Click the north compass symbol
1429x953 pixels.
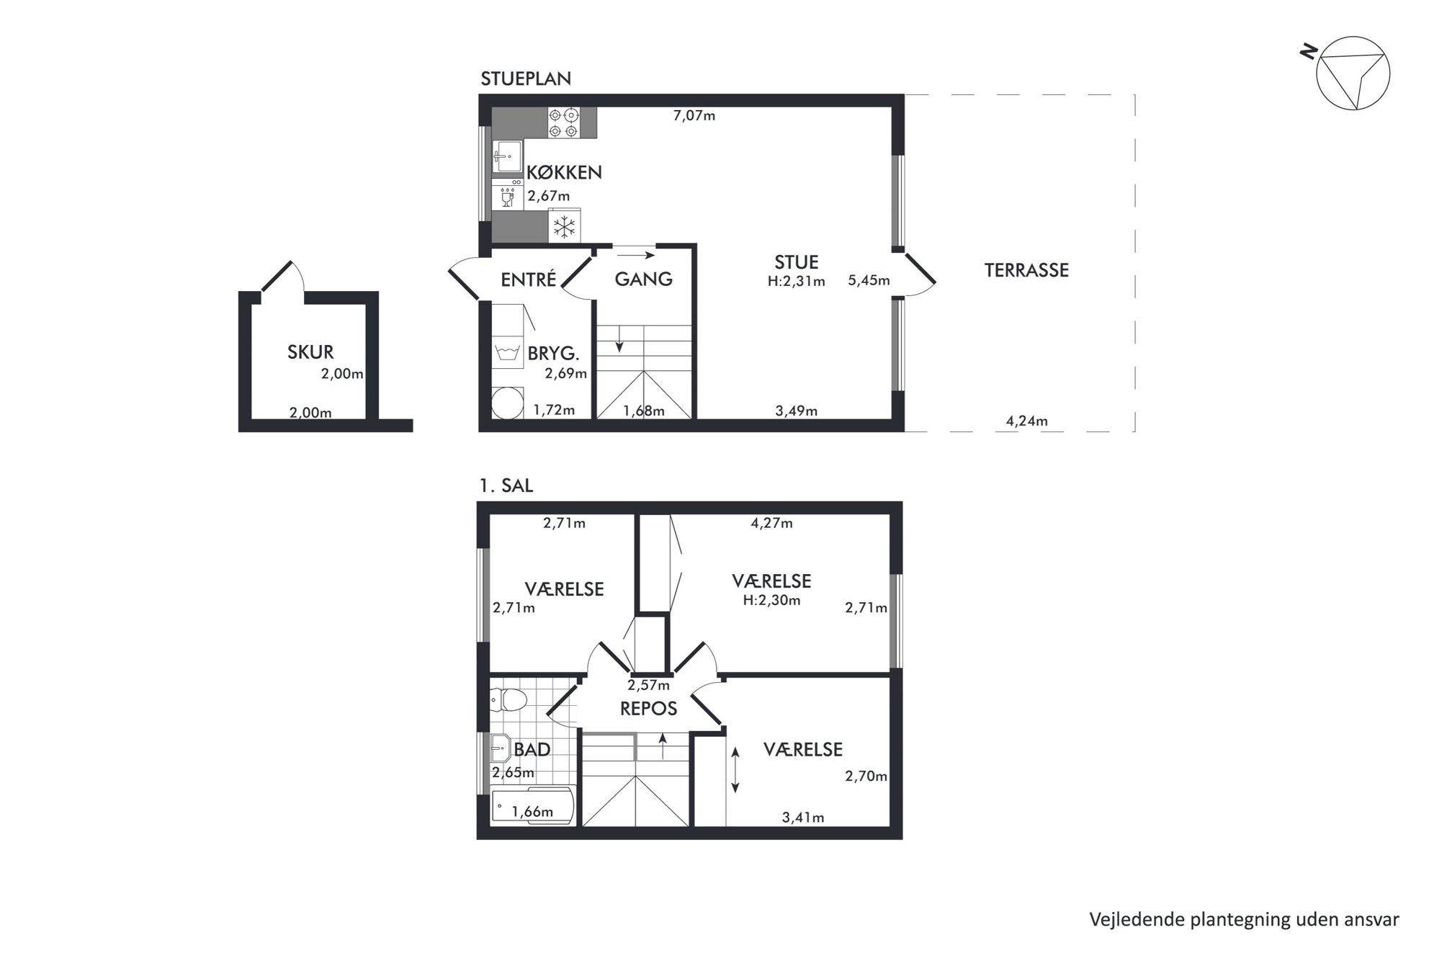click(x=1352, y=73)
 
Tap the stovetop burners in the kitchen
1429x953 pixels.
click(x=564, y=122)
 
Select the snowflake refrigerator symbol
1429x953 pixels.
click(x=565, y=226)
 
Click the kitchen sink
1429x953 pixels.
click(x=509, y=156)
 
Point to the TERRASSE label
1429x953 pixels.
click(x=1026, y=270)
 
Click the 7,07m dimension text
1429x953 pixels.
click(x=694, y=115)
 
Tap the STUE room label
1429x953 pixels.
click(x=796, y=262)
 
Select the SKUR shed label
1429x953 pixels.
click(x=310, y=352)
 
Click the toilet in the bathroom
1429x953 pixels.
click(x=509, y=699)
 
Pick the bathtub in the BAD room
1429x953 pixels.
click(x=533, y=806)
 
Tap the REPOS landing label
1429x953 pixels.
click(x=648, y=709)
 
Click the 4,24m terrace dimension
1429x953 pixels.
click(x=1026, y=421)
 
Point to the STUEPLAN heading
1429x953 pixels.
click(x=526, y=79)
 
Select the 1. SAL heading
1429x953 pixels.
click(x=506, y=486)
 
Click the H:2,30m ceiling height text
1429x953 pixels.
click(x=771, y=600)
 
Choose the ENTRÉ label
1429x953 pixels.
click(x=529, y=279)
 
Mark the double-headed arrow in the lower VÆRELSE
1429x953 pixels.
click(x=735, y=770)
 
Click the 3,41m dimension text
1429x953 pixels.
click(x=803, y=818)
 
